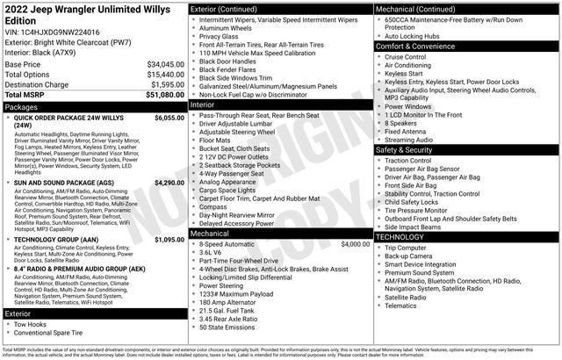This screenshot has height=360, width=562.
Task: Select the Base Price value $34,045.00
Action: point(159,64)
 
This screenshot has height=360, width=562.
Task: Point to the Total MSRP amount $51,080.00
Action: point(159,94)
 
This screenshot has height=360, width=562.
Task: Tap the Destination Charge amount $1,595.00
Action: point(162,84)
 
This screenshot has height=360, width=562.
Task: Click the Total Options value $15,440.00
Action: point(159,75)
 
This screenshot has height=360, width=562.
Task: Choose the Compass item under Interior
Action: point(214,207)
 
